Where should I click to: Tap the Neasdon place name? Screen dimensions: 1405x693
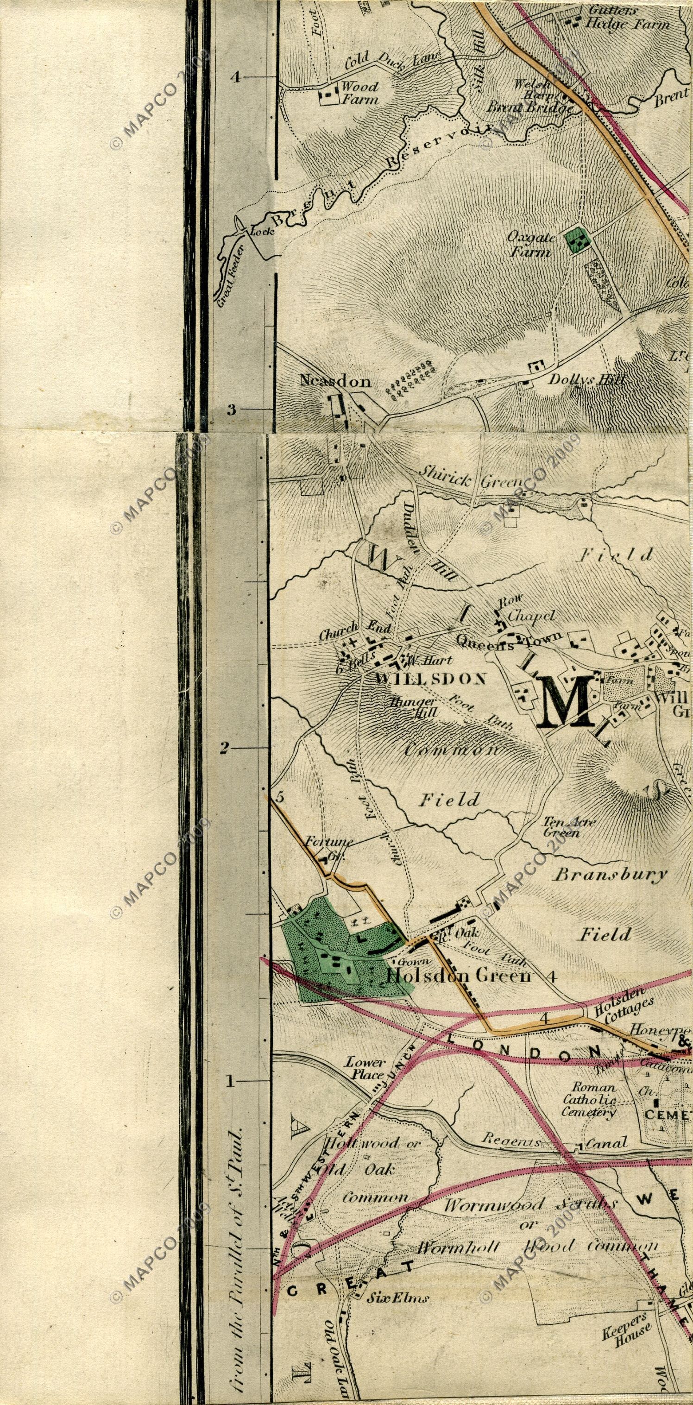335,381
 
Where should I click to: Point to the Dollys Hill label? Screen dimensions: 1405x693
586,379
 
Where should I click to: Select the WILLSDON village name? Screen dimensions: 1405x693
431,679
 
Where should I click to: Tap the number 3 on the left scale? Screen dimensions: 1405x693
231,410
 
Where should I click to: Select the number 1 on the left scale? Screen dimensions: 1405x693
230,1080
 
